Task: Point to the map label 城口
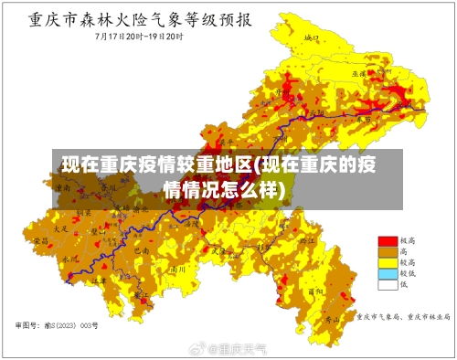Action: tap(311, 39)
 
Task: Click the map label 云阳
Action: tap(317, 113)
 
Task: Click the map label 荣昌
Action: tap(40, 239)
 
